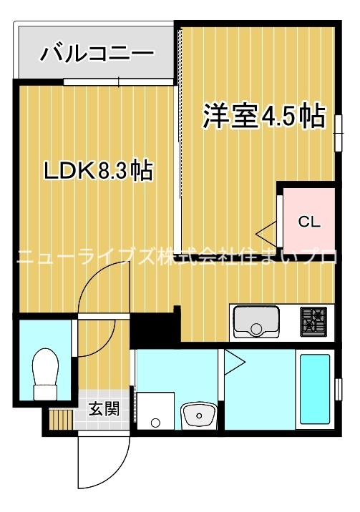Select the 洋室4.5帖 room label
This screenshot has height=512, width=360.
(264, 116)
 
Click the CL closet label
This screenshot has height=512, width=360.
(309, 221)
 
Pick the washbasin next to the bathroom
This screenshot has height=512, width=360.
(199, 414)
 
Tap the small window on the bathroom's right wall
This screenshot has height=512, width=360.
(338, 390)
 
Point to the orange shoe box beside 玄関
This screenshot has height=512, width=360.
(58, 418)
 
